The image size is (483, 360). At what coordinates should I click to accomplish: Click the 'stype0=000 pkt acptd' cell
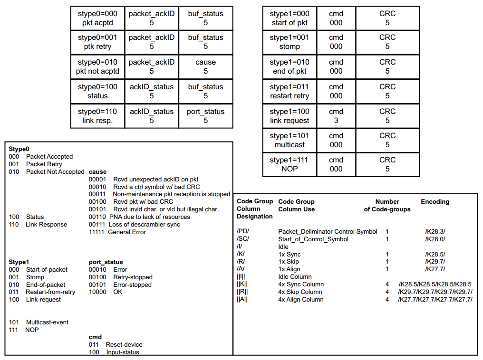[x=97, y=18]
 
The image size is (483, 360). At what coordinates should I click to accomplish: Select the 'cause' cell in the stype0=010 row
[x=205, y=66]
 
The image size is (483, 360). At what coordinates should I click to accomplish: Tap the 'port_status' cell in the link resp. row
[x=205, y=116]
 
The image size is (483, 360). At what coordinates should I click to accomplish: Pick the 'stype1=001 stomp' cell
[x=290, y=42]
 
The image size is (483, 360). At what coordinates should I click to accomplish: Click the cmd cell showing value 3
[x=336, y=116]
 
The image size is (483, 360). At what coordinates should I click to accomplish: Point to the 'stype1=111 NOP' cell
[x=290, y=164]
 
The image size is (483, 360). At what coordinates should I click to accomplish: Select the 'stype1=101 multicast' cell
[x=290, y=140]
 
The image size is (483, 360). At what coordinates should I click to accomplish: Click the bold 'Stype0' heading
[x=19, y=149]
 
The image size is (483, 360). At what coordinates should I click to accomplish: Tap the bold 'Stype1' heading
[x=19, y=262]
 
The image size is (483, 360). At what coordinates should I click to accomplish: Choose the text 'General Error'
[x=127, y=232]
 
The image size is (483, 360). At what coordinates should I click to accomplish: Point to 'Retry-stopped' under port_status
[x=133, y=277]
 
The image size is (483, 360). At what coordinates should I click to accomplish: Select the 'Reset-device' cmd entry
[x=124, y=344]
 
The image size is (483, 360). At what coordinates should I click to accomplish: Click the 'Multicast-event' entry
[x=47, y=322]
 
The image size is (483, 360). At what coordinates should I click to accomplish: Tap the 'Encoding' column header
[x=435, y=201]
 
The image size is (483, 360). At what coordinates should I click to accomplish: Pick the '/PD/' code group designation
[x=243, y=231]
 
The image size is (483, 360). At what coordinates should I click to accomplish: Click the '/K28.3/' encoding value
[x=435, y=231]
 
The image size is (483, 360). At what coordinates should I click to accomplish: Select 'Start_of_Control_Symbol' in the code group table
[x=313, y=239]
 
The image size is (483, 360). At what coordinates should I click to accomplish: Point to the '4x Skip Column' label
[x=300, y=292]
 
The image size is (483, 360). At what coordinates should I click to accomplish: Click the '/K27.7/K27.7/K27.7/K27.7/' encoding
[x=435, y=299]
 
